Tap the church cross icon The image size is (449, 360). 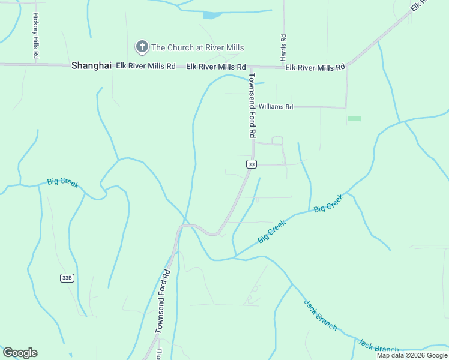(142, 47)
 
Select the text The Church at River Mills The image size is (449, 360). (197, 47)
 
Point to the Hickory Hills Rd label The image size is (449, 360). (37, 35)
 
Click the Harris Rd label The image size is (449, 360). (283, 46)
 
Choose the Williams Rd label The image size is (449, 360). (280, 107)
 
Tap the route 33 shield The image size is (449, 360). (251, 164)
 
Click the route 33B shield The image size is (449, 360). (68, 278)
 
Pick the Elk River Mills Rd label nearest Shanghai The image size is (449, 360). (145, 66)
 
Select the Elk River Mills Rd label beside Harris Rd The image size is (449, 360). (315, 67)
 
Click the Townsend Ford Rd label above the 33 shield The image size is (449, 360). (253, 106)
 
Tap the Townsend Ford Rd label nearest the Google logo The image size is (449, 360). (163, 301)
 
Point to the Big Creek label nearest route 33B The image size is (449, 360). (63, 183)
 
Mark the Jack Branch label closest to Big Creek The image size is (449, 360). (320, 315)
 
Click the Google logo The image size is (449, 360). (20, 353)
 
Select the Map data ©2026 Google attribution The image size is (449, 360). (412, 355)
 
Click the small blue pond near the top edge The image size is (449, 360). (212, 15)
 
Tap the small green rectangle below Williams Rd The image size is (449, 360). (355, 118)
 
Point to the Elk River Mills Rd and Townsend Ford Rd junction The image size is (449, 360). (250, 68)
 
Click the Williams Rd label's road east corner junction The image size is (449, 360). (346, 107)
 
